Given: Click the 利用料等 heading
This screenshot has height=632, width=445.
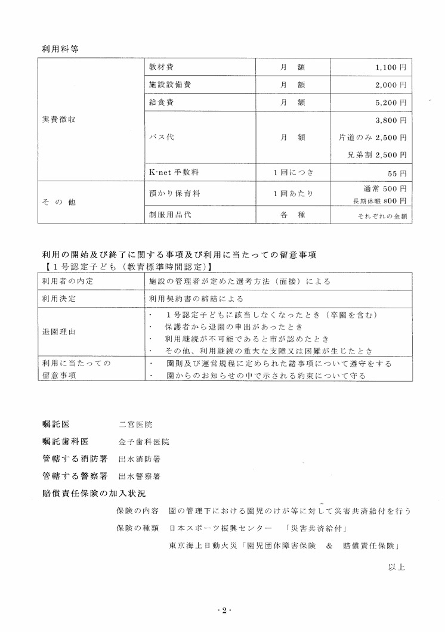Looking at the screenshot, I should pos(60,49).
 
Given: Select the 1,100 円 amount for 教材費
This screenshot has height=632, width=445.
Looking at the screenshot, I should pos(391,68).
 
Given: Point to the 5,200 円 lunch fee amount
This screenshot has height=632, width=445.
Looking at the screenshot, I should pos(391,103).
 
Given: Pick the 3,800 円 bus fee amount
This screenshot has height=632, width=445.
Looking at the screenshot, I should pos(391,120).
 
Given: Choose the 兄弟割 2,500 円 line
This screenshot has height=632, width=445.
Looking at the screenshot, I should pos(377,155).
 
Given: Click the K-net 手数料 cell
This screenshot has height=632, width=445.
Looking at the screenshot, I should pos(174,172).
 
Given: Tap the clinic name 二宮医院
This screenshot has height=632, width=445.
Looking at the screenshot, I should pos(135,425).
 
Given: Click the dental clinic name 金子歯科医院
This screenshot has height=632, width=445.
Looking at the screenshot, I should pos(144,442).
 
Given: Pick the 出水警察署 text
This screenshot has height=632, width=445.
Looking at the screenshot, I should pos(139,476).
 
